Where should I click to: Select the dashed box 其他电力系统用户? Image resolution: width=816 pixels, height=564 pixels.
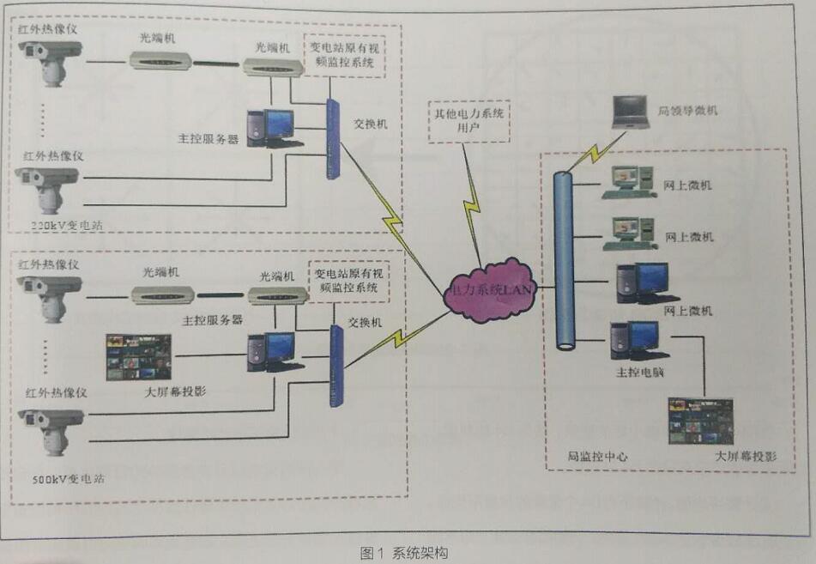[x=468, y=120]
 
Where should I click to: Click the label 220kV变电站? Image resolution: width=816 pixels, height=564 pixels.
[x=63, y=225]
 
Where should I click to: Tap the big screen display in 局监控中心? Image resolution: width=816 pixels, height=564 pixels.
[x=700, y=421]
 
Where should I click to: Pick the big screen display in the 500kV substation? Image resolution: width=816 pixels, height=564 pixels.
[x=137, y=356]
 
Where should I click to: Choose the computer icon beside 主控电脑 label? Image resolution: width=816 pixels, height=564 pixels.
[x=634, y=341]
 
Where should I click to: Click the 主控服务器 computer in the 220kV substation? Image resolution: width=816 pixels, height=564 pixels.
[x=269, y=127]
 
